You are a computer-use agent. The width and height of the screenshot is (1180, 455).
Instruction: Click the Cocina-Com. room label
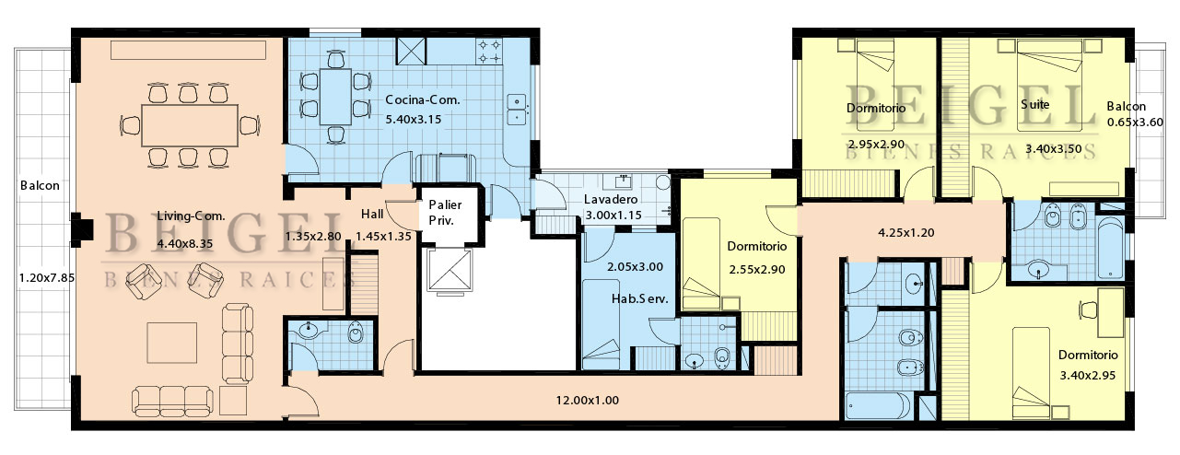click(x=423, y=99)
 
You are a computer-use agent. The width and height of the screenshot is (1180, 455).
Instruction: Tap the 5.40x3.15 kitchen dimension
click(x=414, y=120)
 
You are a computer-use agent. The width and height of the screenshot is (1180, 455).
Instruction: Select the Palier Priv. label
click(x=445, y=212)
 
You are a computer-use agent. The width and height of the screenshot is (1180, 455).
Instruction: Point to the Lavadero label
click(x=611, y=200)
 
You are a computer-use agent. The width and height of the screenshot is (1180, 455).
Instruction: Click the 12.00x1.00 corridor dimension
click(x=588, y=401)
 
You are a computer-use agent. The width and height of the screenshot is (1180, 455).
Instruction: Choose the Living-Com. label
click(x=191, y=216)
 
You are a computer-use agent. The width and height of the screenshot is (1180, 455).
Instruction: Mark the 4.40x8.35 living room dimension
click(x=184, y=244)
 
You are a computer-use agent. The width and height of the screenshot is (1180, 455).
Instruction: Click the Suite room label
click(x=1034, y=104)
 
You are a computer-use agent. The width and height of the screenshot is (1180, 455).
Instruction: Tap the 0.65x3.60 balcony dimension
click(x=1135, y=122)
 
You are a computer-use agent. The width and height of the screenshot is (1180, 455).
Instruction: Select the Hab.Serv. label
click(x=639, y=299)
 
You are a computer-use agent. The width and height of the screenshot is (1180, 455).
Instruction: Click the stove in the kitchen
click(x=489, y=52)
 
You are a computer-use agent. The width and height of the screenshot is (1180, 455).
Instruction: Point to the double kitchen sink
click(x=517, y=109)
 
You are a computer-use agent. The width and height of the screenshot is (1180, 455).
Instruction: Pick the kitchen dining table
click(x=335, y=97)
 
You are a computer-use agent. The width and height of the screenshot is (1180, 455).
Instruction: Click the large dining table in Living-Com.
click(x=190, y=125)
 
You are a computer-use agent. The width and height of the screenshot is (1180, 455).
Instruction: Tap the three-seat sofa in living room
click(x=172, y=401)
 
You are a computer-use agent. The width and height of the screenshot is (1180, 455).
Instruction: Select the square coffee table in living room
click(x=171, y=343)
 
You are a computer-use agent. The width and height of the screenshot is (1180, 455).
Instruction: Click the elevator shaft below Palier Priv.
click(x=449, y=270)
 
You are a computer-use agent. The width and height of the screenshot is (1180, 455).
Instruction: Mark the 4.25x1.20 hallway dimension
click(x=906, y=233)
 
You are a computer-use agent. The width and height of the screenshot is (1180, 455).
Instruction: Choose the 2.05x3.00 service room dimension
click(x=635, y=267)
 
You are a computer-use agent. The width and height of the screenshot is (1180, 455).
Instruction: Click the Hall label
click(x=372, y=215)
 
